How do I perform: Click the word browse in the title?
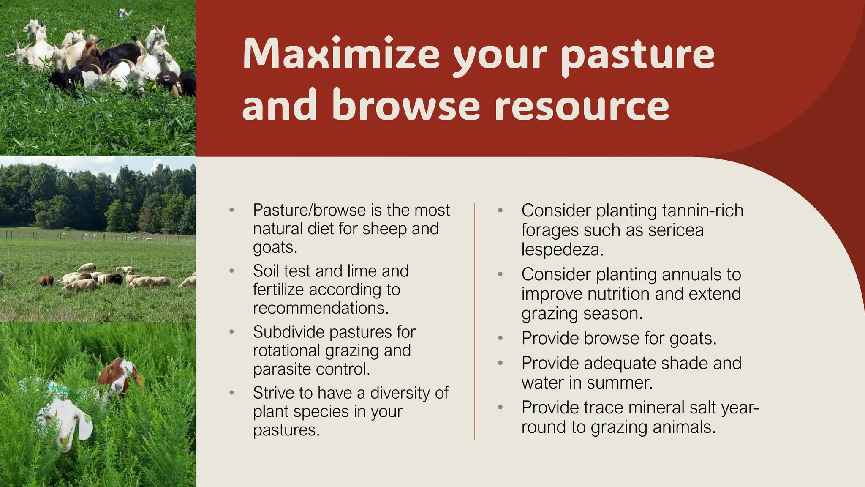pos(405,106)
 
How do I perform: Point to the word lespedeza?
pos(562,250)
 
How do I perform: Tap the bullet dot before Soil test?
pos(231,271)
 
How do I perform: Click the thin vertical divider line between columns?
pos(475,321)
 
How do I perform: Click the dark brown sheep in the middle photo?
pos(45,280)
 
